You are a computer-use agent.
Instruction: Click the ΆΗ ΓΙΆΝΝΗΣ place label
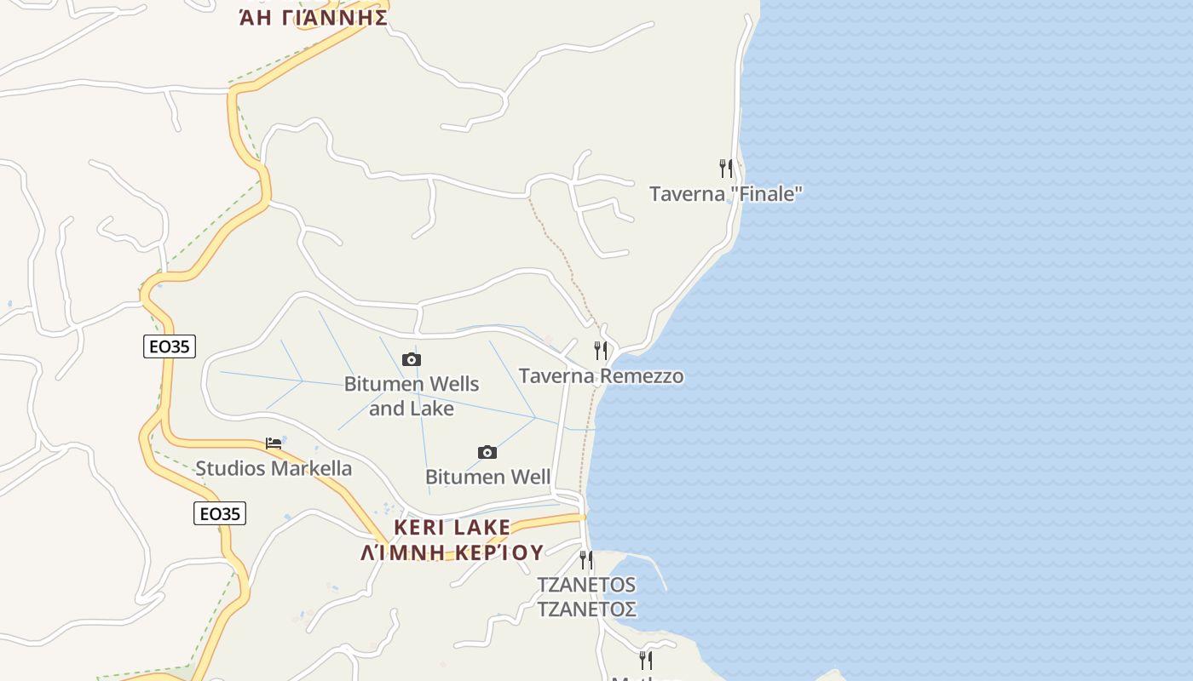tap(314, 17)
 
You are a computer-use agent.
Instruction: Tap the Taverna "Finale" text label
tap(726, 194)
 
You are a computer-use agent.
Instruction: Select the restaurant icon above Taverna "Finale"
tap(726, 168)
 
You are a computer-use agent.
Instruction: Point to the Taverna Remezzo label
tap(601, 375)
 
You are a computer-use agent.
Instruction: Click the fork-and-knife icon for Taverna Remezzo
tap(601, 350)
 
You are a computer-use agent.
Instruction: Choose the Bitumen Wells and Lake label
tap(412, 396)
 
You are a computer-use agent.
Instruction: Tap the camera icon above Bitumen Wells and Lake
tap(412, 359)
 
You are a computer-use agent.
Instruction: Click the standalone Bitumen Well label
tap(487, 477)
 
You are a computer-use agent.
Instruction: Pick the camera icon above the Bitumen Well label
tap(487, 451)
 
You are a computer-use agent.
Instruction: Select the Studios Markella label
tap(274, 468)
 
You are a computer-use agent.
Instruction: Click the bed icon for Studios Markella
tap(274, 443)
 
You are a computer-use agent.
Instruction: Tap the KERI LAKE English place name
tap(452, 528)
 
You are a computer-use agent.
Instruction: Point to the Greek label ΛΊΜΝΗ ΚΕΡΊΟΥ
tap(452, 552)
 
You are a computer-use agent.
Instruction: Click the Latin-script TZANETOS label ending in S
tap(586, 585)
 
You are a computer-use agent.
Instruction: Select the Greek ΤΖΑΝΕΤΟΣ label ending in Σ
tap(586, 609)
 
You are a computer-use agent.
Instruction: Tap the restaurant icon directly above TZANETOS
tap(586, 559)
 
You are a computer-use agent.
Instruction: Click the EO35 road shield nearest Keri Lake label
tap(220, 513)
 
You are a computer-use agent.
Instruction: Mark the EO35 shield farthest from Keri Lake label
tap(170, 346)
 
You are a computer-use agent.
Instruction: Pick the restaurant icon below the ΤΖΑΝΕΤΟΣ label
tap(646, 660)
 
